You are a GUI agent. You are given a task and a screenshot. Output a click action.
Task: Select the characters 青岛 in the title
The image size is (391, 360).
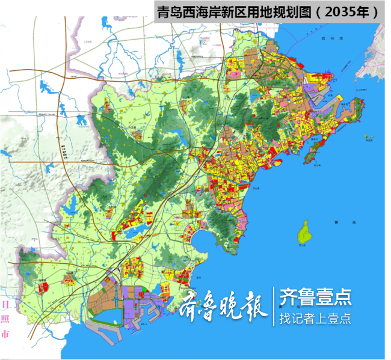click(x=169, y=11)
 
